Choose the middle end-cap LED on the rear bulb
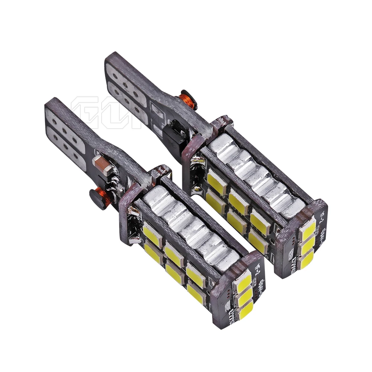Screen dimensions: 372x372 coord(309,245)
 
